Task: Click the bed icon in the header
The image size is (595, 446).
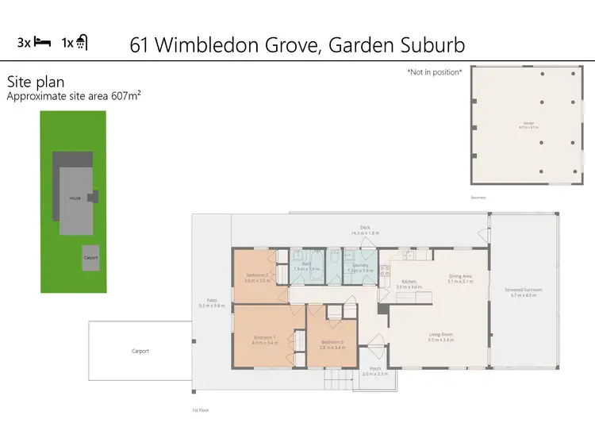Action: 42,44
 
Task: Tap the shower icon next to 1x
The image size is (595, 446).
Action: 82,44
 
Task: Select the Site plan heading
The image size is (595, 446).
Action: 36,81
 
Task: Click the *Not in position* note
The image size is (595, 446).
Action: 434,72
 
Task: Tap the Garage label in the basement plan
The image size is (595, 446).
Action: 528,123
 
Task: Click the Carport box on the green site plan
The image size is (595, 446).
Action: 91,258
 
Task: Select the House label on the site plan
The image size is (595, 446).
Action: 75,198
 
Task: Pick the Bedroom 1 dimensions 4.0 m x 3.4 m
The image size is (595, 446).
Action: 265,344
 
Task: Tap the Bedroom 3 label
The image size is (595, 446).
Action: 332,342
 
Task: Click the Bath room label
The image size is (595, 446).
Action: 306,264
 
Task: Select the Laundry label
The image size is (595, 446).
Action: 363,265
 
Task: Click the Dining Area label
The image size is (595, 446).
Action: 460,275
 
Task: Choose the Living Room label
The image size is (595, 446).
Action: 440,334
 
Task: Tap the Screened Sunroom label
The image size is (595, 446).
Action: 524,290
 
